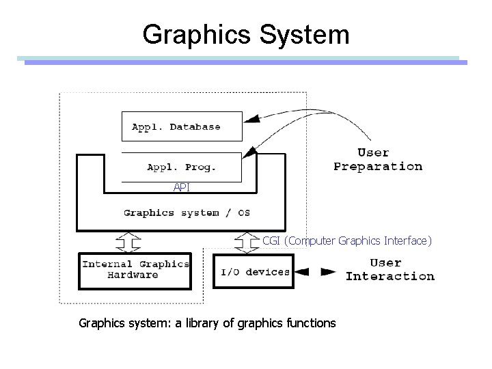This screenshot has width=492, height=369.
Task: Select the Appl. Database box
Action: coord(181,126)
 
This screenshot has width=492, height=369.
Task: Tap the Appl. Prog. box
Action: coord(181,166)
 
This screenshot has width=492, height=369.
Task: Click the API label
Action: coord(181,187)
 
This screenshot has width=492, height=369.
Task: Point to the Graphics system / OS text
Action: coord(186,213)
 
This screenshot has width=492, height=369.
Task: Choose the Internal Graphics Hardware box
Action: coord(136,269)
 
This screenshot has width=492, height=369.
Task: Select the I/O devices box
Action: coord(254,271)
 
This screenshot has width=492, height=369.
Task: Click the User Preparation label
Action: coord(377,159)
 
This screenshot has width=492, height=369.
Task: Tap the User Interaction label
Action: coord(389,269)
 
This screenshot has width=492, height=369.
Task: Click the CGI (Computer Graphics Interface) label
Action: coord(347,240)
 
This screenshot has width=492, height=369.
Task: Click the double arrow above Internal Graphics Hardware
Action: coord(128,242)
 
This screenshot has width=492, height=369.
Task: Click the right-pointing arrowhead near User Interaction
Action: coord(329,271)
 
